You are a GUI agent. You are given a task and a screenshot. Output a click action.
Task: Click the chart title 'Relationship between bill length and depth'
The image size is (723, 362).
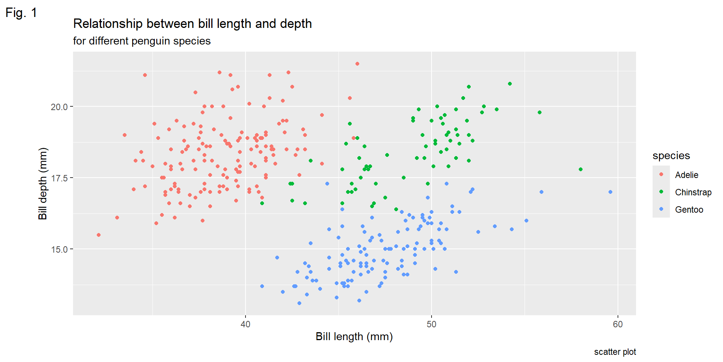tap(192, 24)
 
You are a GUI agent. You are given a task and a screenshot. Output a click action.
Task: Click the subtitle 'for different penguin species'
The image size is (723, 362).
tap(142, 41)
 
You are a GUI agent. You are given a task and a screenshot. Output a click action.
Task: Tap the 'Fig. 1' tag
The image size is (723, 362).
tap(21, 13)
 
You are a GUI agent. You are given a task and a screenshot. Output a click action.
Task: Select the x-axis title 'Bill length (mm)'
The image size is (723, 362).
tap(354, 336)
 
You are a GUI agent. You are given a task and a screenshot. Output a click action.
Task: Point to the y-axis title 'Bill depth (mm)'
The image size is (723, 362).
tap(43, 184)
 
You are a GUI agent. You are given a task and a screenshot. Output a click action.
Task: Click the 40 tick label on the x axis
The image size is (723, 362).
tap(246, 324)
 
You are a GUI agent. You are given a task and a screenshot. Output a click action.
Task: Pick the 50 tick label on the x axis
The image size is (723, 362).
tap(432, 324)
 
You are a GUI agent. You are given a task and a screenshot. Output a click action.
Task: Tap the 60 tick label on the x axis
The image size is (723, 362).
tap(618, 324)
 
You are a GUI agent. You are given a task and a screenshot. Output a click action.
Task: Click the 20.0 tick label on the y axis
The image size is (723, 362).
tap(59, 107)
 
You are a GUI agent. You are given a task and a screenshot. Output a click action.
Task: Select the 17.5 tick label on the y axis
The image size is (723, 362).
tap(59, 178)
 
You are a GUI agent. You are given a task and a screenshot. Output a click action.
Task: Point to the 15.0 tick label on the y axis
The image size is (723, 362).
tap(59, 249)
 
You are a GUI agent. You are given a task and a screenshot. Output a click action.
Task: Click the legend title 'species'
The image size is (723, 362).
tap(671, 155)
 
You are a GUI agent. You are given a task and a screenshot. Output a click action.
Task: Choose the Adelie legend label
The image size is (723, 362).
tap(686, 175)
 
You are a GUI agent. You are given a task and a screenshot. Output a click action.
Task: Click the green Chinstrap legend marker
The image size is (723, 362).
tap(661, 192)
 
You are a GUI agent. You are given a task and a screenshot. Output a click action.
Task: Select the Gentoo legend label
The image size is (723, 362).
tap(689, 210)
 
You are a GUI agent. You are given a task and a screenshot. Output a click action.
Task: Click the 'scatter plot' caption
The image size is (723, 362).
tap(615, 352)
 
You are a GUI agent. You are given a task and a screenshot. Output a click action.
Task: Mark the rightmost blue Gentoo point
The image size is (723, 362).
tap(610, 192)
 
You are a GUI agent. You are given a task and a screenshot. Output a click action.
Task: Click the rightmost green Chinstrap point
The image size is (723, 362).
tap(581, 169)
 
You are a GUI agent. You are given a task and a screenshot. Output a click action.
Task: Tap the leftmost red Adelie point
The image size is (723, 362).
tap(99, 235)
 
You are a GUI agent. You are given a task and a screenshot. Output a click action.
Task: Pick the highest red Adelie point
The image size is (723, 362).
tap(357, 64)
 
